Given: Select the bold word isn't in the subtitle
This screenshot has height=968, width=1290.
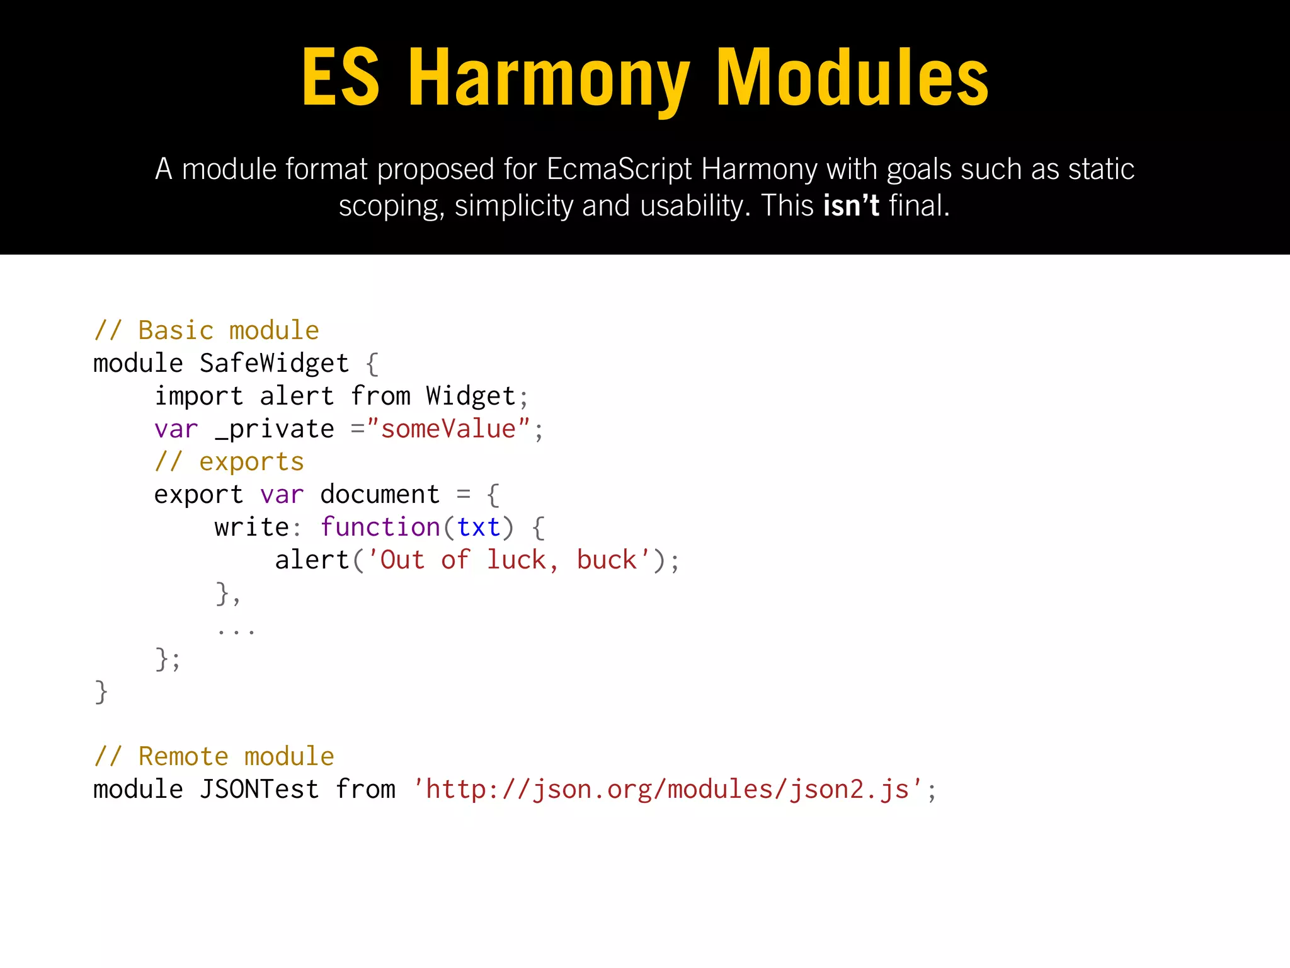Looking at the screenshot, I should click(851, 205).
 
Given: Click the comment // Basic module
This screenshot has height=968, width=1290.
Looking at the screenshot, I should click(207, 330).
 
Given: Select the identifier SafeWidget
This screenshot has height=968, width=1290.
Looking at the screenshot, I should click(274, 363).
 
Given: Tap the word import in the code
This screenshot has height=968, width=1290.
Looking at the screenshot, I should click(198, 396).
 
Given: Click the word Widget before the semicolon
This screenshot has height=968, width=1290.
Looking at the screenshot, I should click(471, 396).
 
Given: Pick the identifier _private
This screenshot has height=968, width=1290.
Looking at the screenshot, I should click(275, 429).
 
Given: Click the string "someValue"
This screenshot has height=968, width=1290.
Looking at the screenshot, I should click(448, 429).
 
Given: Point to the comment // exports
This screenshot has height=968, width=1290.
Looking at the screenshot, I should click(229, 462).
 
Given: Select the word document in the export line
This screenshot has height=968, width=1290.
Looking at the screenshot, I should click(380, 495).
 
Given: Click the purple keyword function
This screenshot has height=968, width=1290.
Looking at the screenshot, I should click(380, 527).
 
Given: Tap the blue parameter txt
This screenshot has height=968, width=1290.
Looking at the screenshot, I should click(479, 527).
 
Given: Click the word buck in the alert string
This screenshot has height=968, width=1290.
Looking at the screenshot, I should click(607, 560).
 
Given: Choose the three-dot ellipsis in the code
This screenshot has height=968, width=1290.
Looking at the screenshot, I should click(236, 629).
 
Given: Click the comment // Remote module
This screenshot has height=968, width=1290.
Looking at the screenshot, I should click(214, 756).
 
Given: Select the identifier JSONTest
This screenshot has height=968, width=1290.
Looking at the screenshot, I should click(259, 789).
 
